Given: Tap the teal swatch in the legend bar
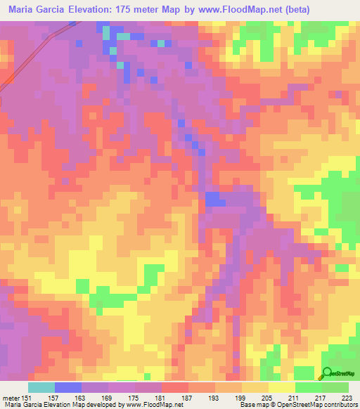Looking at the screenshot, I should click(x=41, y=387).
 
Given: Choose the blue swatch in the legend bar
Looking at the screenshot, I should click(x=68, y=387).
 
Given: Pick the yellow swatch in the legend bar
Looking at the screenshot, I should click(x=281, y=387).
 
